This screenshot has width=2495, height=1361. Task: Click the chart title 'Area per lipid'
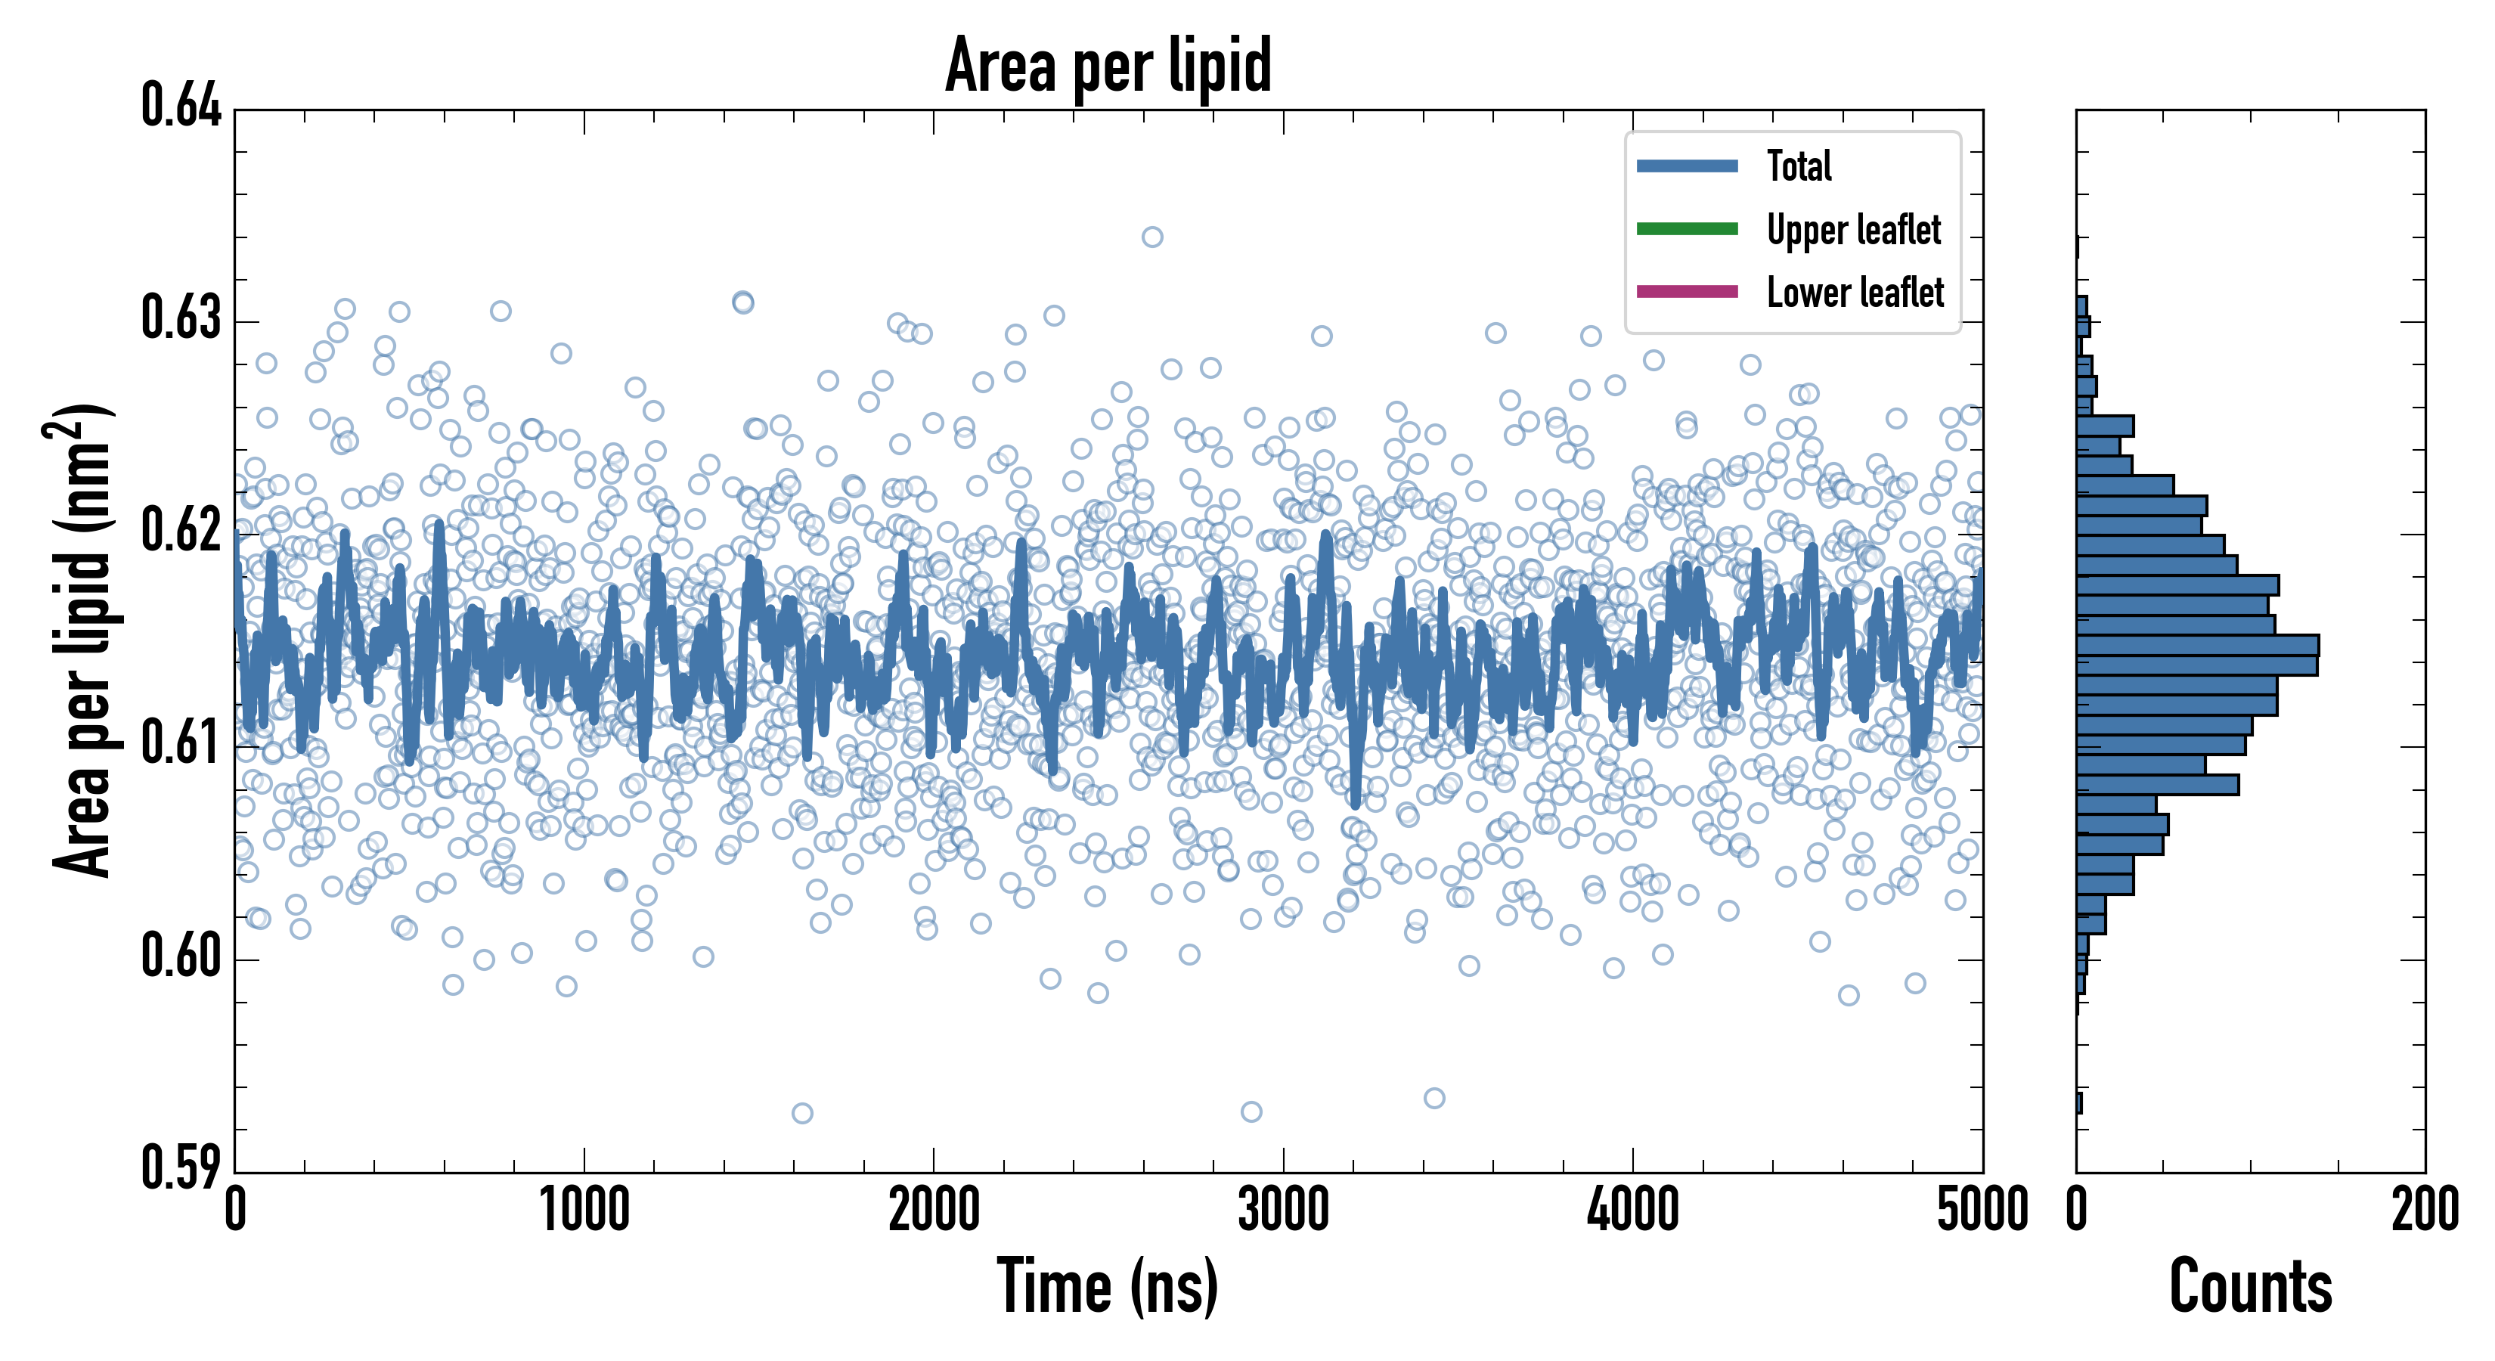click(1108, 66)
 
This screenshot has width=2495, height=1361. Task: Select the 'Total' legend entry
click(1799, 166)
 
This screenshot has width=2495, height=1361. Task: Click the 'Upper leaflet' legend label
click(1854, 231)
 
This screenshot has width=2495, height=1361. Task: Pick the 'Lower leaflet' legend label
click(1855, 293)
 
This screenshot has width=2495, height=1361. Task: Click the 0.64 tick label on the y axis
click(181, 106)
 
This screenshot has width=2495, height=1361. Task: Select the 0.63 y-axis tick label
click(181, 318)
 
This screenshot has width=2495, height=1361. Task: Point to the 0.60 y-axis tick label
click(181, 956)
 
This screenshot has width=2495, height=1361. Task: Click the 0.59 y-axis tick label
click(181, 1168)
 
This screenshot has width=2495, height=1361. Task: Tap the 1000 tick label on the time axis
click(584, 1211)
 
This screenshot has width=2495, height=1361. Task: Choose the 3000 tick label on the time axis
click(1283, 1211)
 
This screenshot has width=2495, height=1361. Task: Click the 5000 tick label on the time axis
click(1982, 1211)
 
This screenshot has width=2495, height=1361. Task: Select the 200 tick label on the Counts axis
click(2424, 1211)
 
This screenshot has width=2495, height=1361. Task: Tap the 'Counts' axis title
click(2250, 1286)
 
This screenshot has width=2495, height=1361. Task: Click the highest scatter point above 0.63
click(1151, 237)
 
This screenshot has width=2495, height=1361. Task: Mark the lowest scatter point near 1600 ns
click(802, 1113)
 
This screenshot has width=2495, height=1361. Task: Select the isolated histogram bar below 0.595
click(2078, 1103)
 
